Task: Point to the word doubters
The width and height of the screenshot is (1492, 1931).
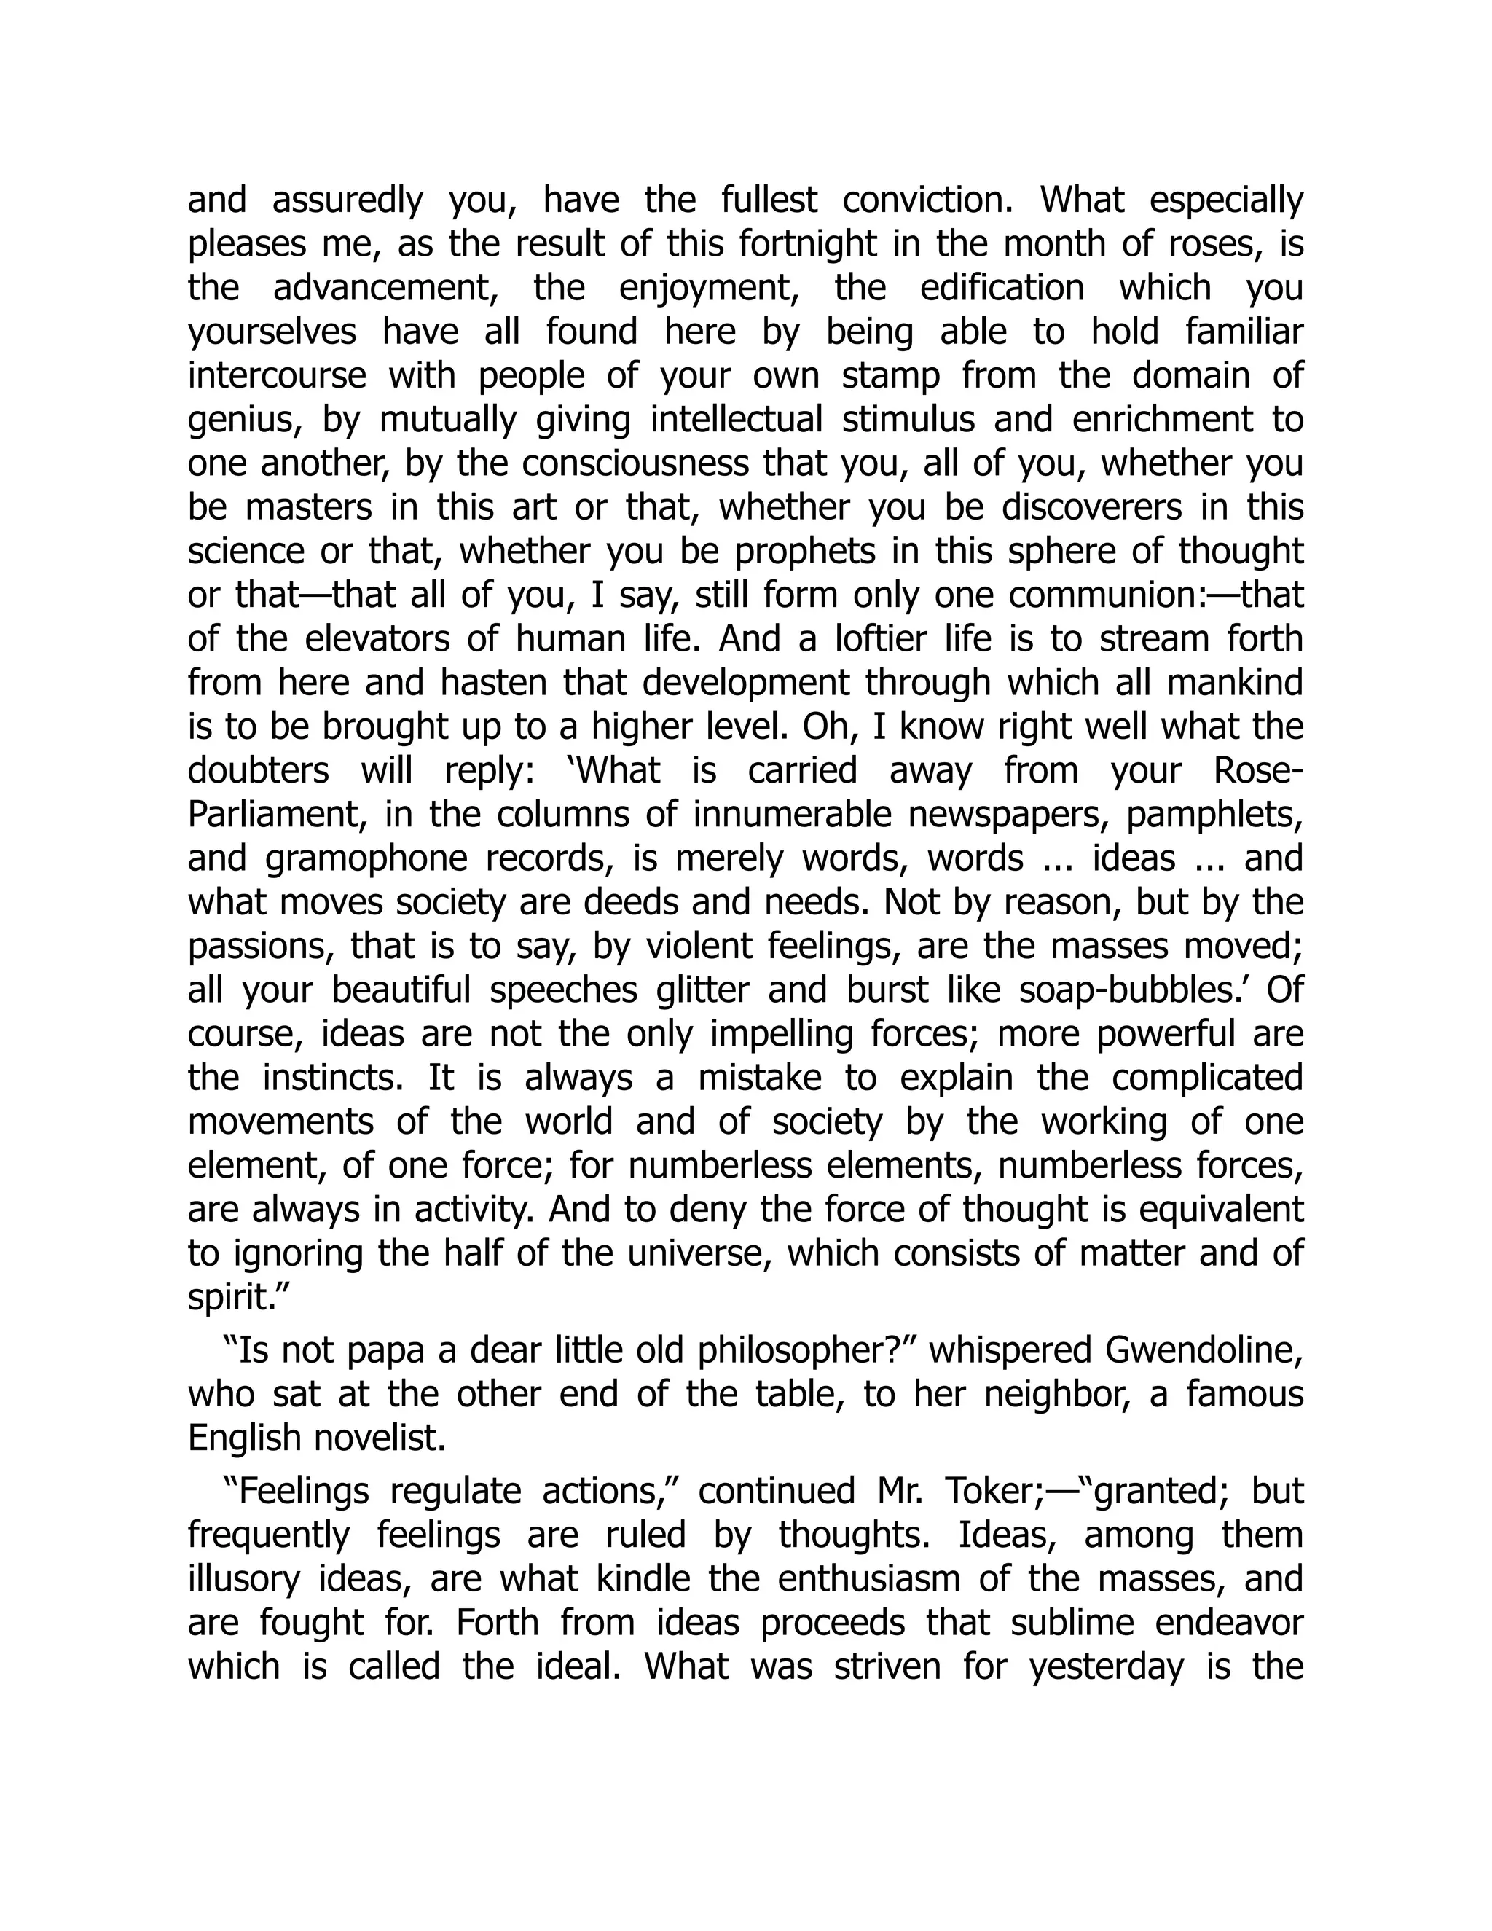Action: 257,771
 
